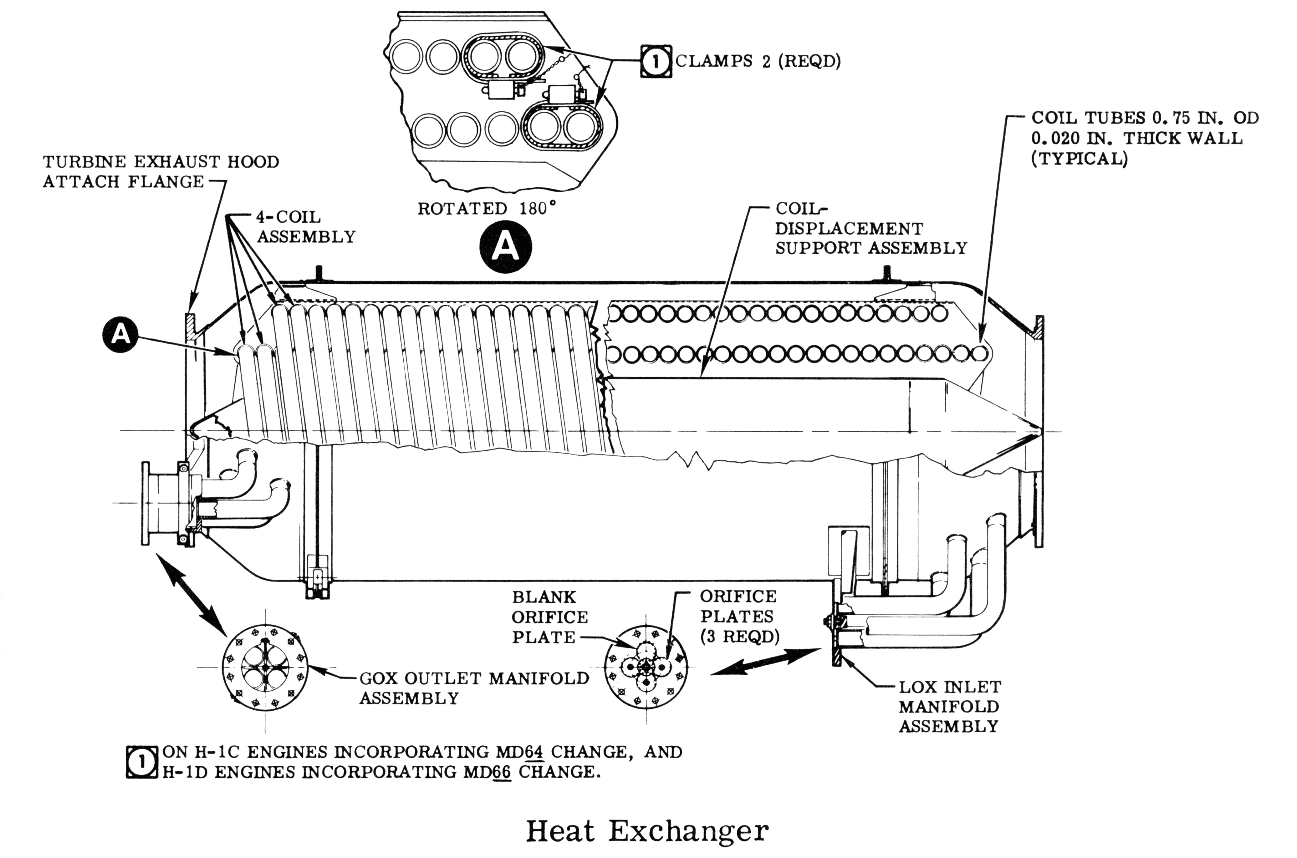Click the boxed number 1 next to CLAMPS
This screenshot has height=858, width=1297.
(656, 61)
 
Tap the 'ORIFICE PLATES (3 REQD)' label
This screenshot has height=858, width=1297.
(739, 617)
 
